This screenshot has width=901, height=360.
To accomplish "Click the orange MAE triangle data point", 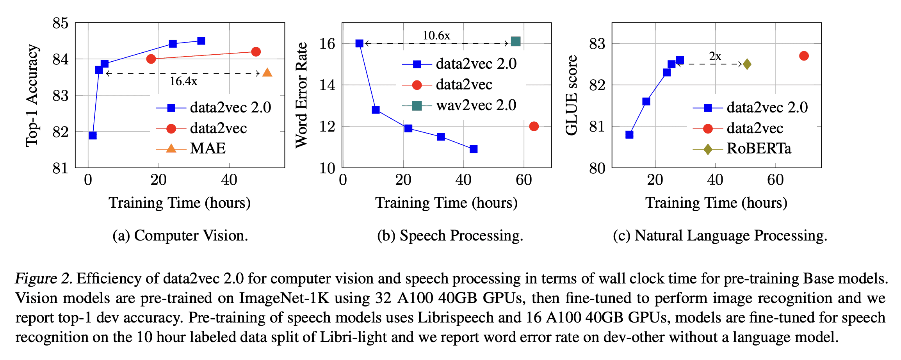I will click(x=267, y=73).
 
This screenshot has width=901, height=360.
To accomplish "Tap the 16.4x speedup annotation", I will click(x=183, y=81).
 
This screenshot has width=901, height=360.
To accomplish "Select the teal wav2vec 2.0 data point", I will click(x=515, y=41).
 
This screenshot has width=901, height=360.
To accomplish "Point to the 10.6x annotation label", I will click(x=436, y=36).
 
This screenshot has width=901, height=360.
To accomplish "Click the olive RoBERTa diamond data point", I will click(x=747, y=64).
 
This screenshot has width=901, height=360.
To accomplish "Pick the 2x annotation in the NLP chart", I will click(x=715, y=57).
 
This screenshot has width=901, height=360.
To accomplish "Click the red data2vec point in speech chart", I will click(x=534, y=126).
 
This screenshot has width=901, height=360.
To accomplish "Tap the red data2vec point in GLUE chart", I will click(x=804, y=56).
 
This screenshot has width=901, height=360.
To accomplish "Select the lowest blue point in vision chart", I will click(x=93, y=135).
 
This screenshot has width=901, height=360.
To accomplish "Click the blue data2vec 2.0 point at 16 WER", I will click(x=360, y=43).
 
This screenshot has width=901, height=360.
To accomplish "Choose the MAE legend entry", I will click(x=207, y=149).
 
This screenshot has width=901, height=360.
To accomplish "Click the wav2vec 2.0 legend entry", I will click(x=476, y=105).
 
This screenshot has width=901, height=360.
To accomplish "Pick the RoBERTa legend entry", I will click(x=759, y=149).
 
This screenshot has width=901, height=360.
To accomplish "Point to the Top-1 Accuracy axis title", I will click(x=32, y=96).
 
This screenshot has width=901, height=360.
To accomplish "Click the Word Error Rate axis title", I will click(x=301, y=95).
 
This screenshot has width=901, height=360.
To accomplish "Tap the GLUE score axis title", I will click(x=571, y=95).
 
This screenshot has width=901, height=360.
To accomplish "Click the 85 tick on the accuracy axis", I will click(x=60, y=23).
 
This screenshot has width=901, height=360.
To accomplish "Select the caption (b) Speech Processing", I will click(x=450, y=236).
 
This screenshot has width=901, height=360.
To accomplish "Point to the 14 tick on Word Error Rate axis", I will click(x=327, y=85).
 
